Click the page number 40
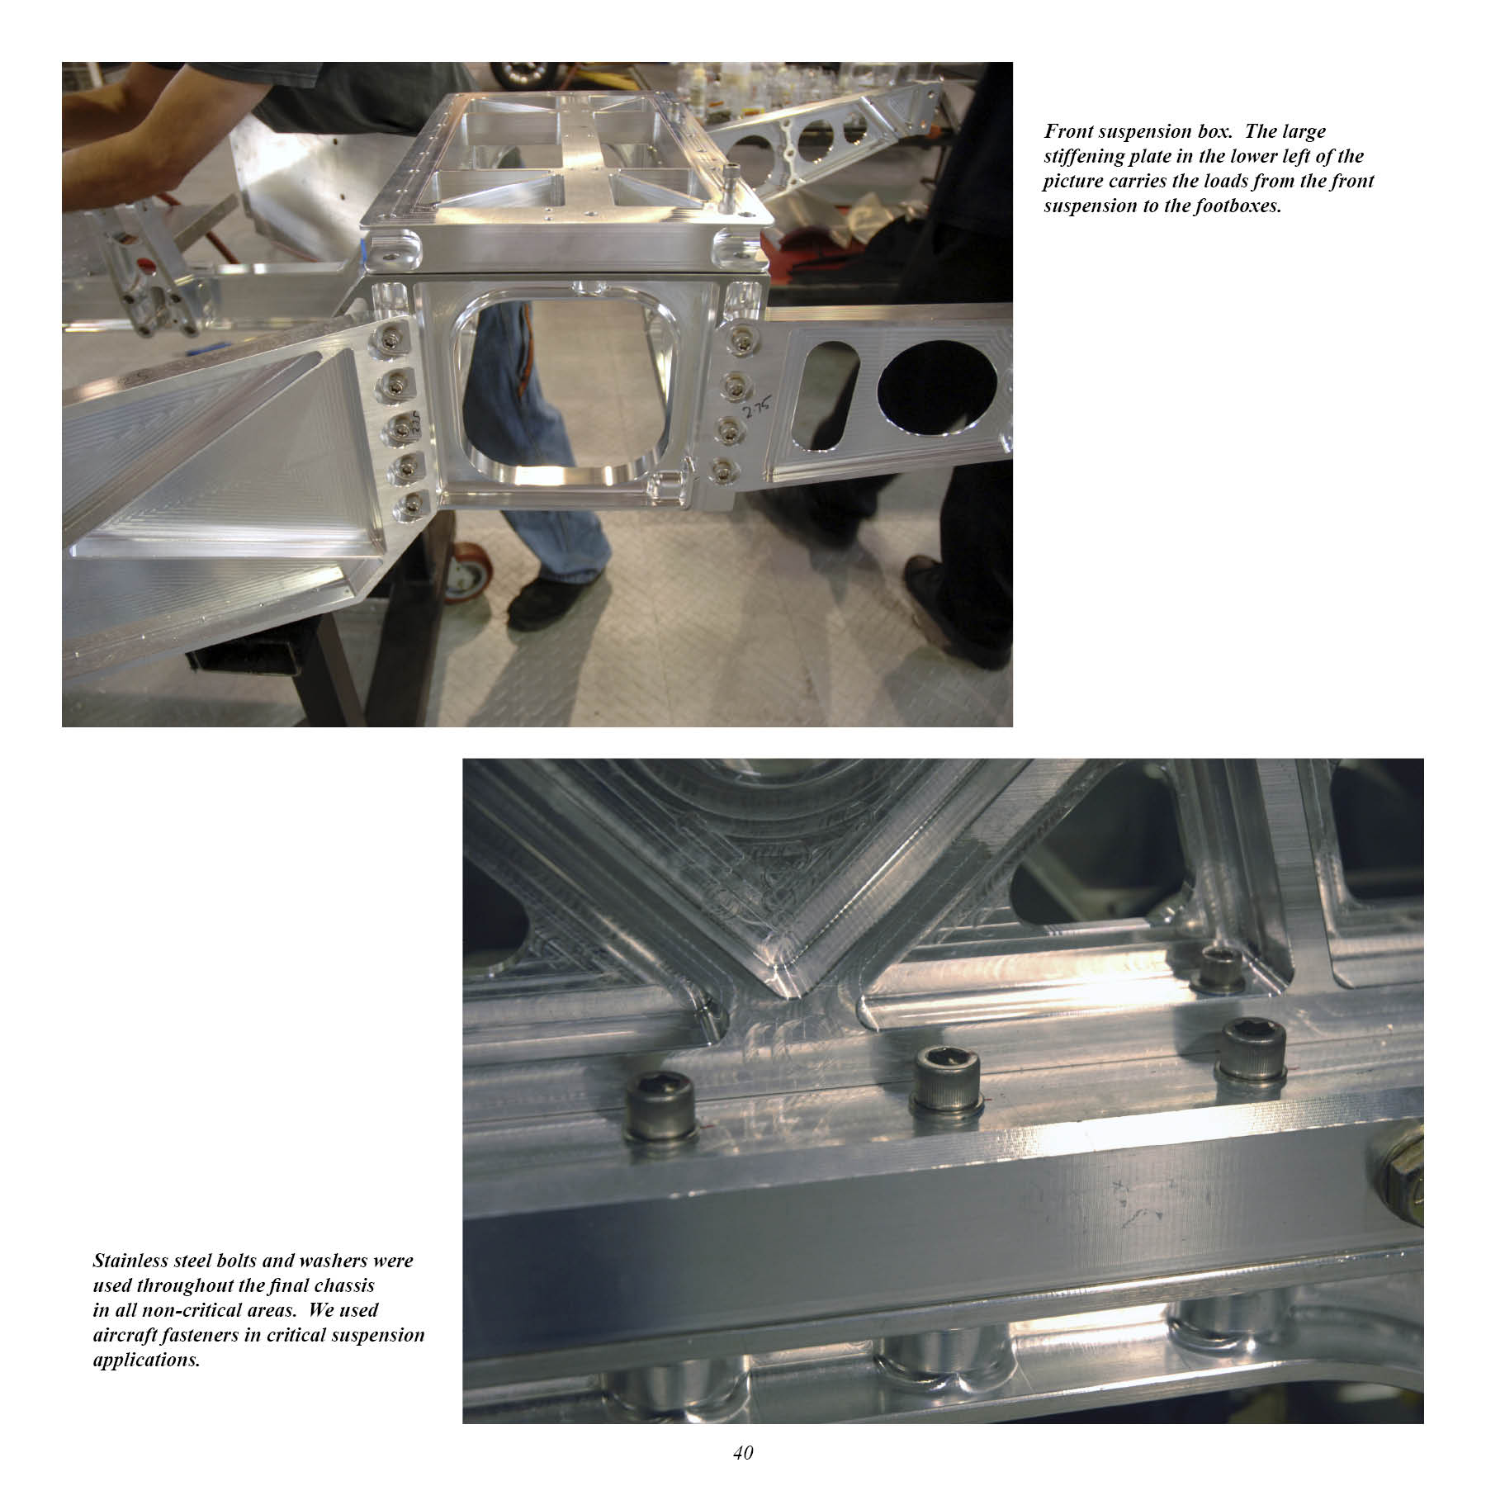tap(743, 1453)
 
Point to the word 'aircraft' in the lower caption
tap(131, 1335)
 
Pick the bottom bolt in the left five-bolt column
tap(409, 506)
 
